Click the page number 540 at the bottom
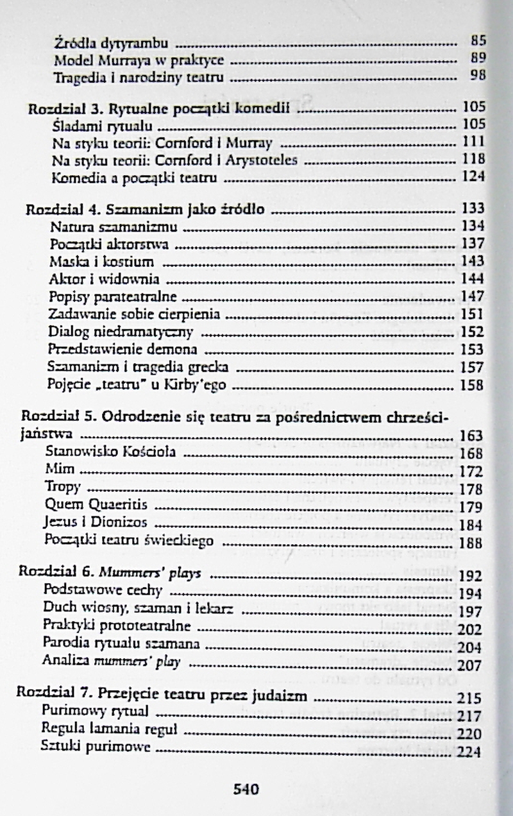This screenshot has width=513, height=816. (246, 788)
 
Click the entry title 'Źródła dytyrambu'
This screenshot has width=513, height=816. (112, 44)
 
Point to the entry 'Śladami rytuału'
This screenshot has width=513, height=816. (99, 124)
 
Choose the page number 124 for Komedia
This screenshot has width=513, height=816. (473, 177)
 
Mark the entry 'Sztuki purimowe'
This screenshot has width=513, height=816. (95, 747)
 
